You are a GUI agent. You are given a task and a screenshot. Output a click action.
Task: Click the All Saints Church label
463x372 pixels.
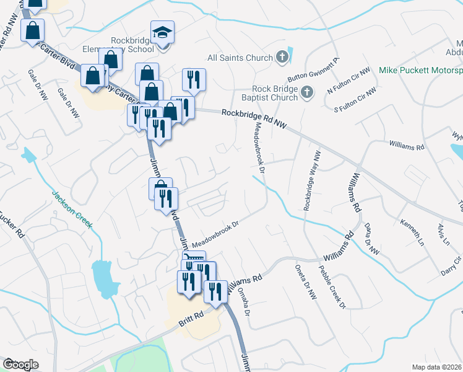[240, 58]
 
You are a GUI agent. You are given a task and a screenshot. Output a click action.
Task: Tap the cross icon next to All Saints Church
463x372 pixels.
[282, 58]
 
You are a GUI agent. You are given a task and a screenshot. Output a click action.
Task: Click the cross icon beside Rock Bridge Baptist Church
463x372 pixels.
[308, 94]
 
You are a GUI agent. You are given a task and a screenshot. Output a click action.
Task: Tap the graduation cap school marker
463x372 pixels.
[163, 32]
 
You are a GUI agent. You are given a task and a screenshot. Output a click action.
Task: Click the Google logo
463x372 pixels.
[20, 365]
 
